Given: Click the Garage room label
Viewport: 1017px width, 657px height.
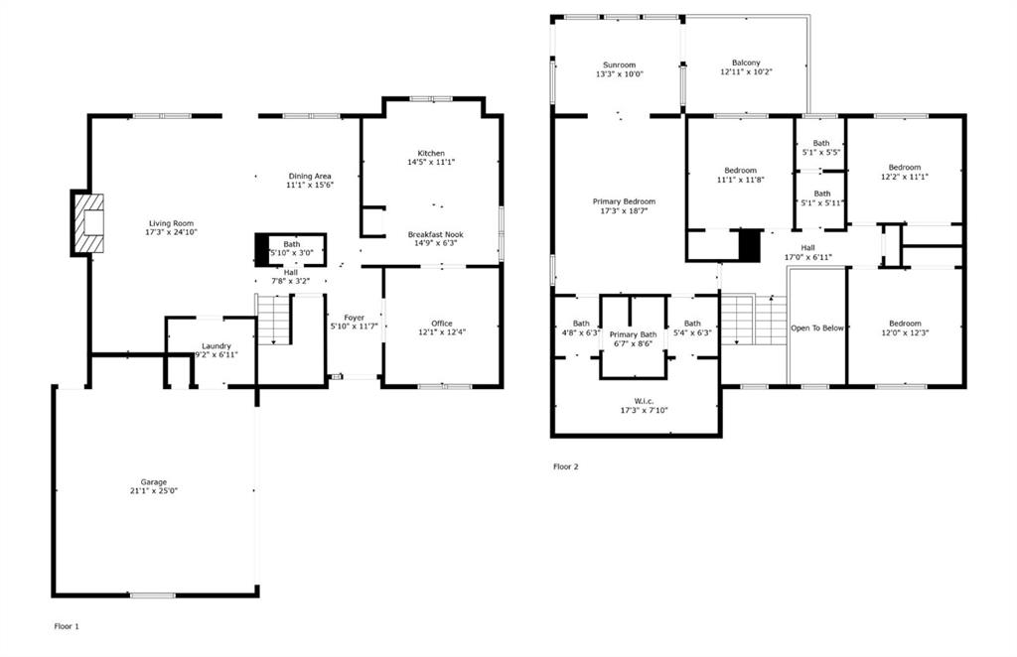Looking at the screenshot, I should tap(153, 481).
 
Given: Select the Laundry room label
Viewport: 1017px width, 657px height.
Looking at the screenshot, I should tap(216, 345).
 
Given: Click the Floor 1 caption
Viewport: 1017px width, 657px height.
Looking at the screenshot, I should tap(67, 626).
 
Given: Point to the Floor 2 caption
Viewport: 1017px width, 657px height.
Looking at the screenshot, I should tap(565, 465).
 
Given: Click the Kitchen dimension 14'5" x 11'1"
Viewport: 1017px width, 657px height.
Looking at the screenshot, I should tap(430, 162).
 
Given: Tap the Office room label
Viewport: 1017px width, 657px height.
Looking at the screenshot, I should tap(442, 323).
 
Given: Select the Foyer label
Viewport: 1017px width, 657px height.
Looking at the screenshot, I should tap(354, 318).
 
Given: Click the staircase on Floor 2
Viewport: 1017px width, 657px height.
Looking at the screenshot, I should tap(753, 320).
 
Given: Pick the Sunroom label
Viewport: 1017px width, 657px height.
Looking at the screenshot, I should tap(619, 64).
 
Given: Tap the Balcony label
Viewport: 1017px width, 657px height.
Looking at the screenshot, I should tap(745, 63).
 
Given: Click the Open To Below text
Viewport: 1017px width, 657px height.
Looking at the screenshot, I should tap(816, 328).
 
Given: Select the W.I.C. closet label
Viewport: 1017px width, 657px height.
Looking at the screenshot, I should tap(643, 401).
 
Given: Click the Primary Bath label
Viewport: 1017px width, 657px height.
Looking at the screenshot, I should tap(633, 334).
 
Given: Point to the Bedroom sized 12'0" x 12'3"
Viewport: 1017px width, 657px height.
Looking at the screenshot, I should tap(905, 323).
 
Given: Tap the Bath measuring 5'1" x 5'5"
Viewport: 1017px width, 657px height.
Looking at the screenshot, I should tap(821, 143).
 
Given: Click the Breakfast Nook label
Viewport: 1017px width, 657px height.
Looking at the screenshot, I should tap(435, 234).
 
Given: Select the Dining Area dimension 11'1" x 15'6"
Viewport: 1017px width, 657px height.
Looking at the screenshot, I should tap(309, 185).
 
